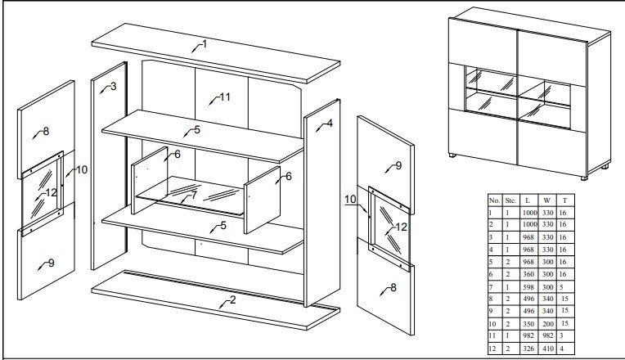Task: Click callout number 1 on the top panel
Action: [204, 43]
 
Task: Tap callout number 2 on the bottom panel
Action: [233, 299]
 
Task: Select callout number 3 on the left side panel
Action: [113, 86]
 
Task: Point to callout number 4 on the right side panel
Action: [329, 124]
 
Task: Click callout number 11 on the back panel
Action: [224, 97]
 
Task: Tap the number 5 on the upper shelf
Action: [196, 129]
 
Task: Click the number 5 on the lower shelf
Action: [223, 225]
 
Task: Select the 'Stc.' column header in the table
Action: [510, 199]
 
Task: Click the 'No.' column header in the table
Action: [494, 199]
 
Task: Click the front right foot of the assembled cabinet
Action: [584, 175]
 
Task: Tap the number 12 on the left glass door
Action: [51, 192]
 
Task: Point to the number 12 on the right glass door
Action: [401, 227]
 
